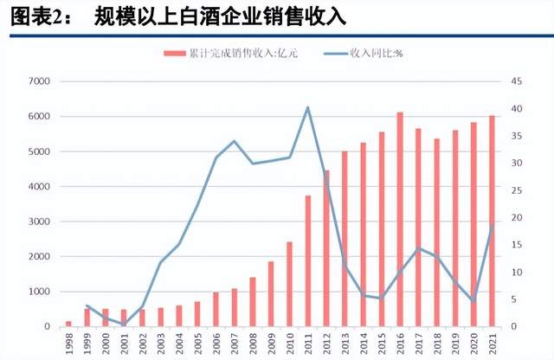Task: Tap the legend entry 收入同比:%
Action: tap(371, 53)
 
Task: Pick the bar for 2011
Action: tap(307, 260)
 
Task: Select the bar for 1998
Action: tap(68, 324)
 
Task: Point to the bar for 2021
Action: tap(493, 221)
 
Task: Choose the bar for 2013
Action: tap(345, 239)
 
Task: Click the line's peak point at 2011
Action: tap(307, 107)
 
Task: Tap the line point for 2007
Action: tap(234, 141)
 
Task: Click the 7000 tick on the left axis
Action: tap(40, 81)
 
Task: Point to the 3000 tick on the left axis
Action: tap(40, 222)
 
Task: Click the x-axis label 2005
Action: tap(197, 344)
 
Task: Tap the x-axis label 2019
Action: tap(456, 344)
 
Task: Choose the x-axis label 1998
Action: tap(68, 344)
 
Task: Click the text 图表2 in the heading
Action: tap(34, 16)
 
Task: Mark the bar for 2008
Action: tap(253, 302)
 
